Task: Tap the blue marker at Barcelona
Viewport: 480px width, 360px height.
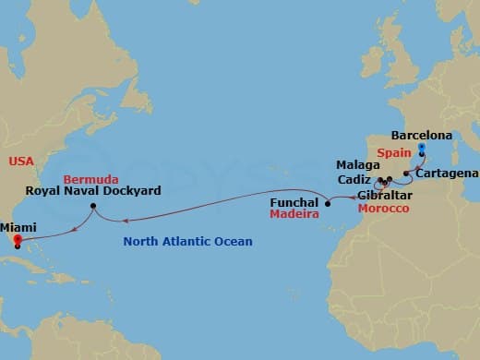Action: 422,148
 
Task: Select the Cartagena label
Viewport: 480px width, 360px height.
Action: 447,173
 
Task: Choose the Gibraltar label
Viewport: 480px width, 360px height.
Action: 384,196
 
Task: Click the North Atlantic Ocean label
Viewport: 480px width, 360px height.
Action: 188,242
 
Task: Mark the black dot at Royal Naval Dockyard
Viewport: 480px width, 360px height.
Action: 93,206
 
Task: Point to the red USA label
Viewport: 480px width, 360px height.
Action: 20,161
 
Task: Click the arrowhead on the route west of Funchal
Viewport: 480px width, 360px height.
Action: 126,220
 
